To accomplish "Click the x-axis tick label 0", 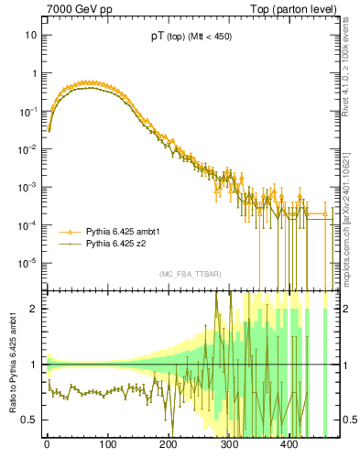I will tap(47, 445).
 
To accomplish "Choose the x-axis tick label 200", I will tap(168, 445).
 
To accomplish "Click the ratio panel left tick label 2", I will tap(34, 309).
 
